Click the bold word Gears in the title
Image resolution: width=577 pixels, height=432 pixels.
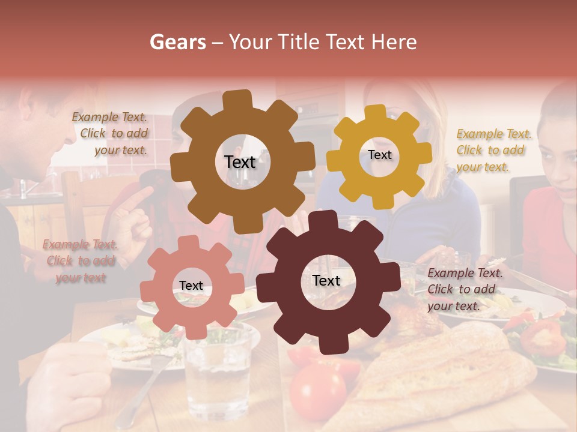click(x=177, y=42)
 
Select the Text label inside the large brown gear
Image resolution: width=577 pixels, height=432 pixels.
click(x=240, y=162)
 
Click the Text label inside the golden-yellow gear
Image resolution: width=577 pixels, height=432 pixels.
click(x=379, y=155)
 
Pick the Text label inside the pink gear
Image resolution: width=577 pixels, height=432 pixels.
click(x=191, y=286)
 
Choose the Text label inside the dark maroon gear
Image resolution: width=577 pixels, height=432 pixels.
click(x=326, y=280)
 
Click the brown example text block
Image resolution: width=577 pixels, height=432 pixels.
click(x=112, y=134)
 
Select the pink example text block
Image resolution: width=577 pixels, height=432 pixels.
click(x=79, y=261)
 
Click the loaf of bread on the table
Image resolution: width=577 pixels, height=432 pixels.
click(x=445, y=372)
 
